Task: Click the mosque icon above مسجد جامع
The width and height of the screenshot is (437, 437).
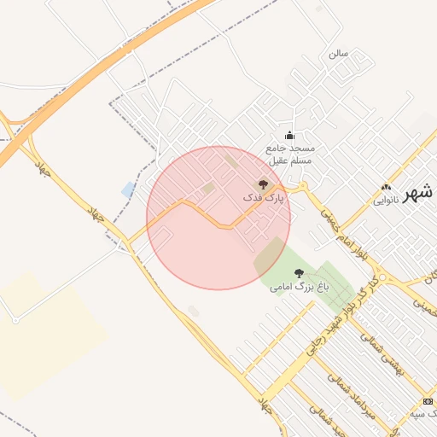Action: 289,135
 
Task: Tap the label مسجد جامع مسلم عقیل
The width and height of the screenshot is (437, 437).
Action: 290,154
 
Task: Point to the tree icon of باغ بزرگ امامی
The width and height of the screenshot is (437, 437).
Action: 298,272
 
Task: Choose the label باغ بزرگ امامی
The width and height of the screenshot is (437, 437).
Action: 299,288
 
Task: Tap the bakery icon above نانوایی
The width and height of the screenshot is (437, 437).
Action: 386,187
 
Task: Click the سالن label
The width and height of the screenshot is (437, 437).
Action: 339,53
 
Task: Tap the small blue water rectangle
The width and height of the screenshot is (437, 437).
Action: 128,189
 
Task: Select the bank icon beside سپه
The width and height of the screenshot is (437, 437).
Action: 428,401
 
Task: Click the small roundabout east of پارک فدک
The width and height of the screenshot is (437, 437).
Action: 300,187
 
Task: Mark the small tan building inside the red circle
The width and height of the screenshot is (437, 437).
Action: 208,188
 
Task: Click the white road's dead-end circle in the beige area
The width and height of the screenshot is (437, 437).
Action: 15,320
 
